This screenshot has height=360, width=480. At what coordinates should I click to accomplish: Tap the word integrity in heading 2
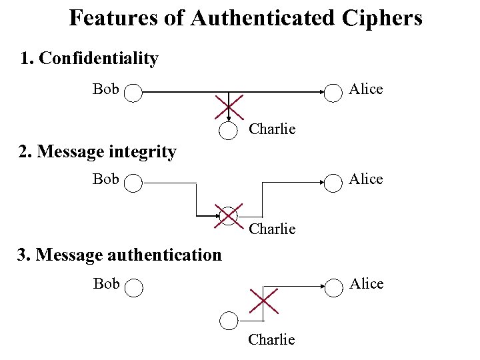click(144, 152)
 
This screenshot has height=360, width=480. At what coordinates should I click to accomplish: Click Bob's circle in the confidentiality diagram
click(133, 93)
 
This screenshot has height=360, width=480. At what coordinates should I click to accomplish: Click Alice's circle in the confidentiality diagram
click(333, 93)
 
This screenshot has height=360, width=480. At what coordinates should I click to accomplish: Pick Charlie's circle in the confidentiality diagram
click(229, 131)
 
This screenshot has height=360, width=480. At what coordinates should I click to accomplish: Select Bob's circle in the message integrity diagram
click(133, 183)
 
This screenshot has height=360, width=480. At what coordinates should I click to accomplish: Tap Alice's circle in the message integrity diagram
click(333, 183)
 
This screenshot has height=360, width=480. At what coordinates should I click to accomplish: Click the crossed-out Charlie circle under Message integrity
click(229, 216)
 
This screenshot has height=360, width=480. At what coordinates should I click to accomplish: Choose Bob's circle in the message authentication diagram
click(133, 287)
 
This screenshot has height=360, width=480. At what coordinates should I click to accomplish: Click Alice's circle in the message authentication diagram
click(333, 287)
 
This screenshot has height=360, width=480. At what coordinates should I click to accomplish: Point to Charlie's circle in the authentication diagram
click(229, 321)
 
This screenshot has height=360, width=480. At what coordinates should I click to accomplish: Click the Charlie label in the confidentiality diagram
click(272, 129)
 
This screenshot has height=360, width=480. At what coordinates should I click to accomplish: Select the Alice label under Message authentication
click(366, 284)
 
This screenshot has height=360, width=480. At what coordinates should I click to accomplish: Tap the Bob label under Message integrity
click(106, 179)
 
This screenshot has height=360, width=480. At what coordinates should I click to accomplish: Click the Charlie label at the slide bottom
click(271, 340)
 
